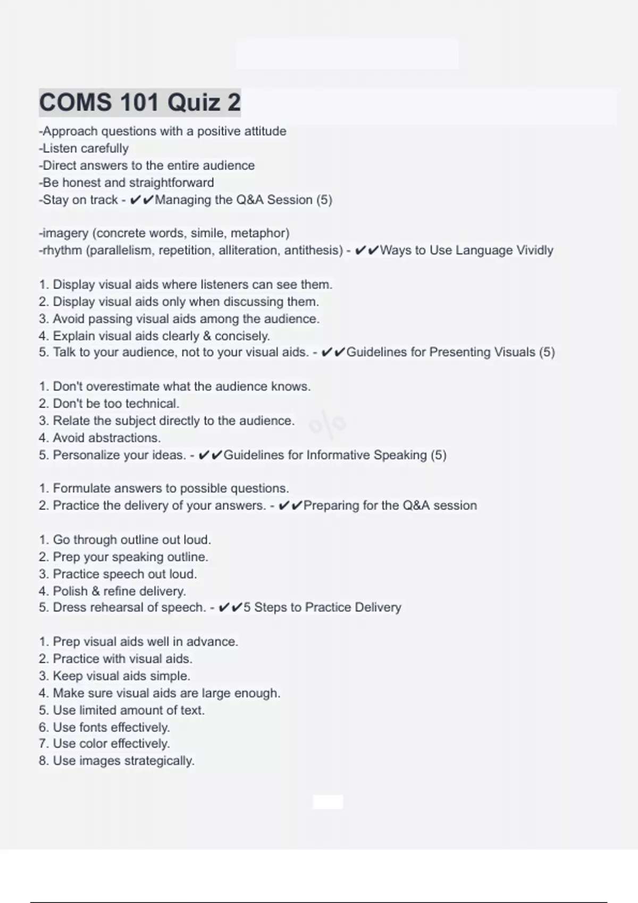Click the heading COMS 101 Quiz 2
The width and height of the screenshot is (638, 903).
click(x=140, y=103)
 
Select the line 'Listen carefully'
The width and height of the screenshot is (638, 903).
click(x=84, y=149)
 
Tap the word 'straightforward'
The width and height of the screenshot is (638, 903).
click(x=170, y=183)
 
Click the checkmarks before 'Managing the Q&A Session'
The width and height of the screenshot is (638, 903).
click(x=142, y=200)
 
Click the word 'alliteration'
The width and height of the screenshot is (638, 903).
click(x=249, y=250)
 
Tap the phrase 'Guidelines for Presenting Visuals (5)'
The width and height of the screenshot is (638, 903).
click(x=450, y=352)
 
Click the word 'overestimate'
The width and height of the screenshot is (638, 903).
click(x=123, y=387)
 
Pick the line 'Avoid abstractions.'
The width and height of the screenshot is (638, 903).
click(x=99, y=438)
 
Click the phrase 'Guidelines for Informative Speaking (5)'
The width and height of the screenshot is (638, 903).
click(x=335, y=455)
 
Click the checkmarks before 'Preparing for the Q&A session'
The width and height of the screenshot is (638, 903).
click(x=290, y=506)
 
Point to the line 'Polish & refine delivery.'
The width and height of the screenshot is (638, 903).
click(x=112, y=591)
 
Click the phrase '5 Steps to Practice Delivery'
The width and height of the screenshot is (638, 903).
click(x=322, y=608)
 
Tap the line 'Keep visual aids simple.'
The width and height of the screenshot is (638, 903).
click(x=114, y=676)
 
